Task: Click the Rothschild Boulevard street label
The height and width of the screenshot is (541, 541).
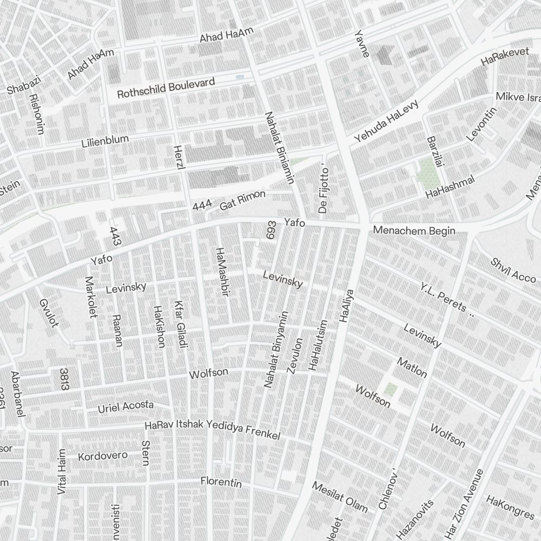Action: click(166, 88)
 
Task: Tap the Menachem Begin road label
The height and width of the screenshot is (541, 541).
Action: click(414, 231)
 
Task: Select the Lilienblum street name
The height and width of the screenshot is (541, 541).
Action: click(105, 142)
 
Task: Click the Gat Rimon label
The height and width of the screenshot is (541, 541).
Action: click(242, 200)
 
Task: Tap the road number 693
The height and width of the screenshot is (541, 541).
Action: click(270, 230)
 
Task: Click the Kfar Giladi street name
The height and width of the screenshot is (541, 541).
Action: click(180, 324)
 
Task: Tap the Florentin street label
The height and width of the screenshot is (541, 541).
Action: click(221, 481)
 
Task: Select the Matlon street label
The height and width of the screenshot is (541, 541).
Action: click(412, 367)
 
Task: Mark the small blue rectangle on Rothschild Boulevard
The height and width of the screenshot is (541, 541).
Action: click(240, 78)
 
